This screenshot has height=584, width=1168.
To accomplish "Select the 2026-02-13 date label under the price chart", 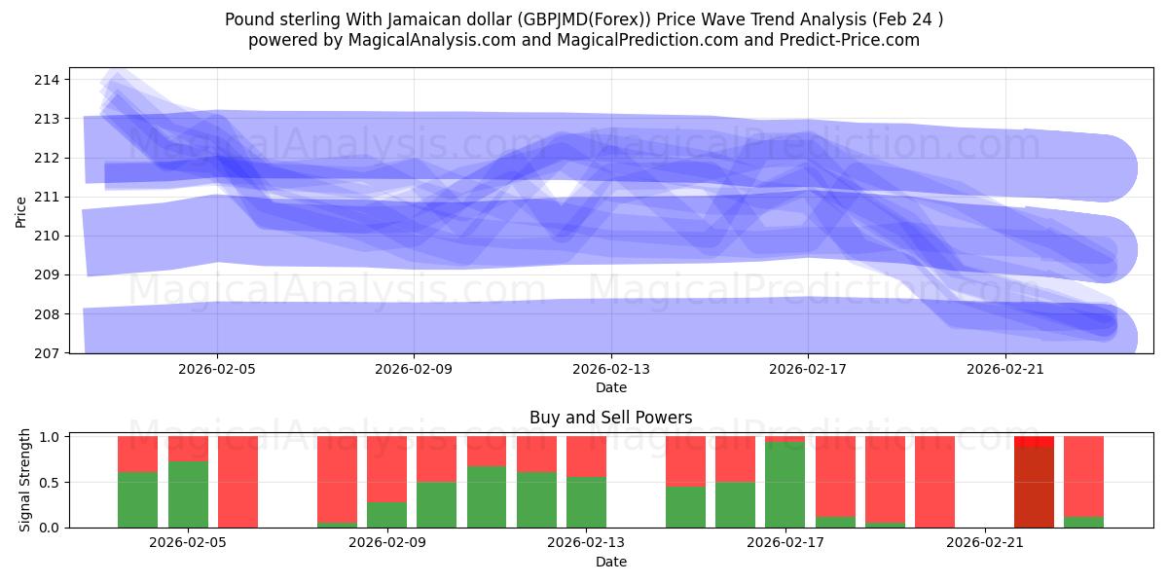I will (x=611, y=369).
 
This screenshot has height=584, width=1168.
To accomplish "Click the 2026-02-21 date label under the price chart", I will (x=1004, y=369).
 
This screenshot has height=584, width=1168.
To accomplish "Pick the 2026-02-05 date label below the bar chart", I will (x=188, y=543).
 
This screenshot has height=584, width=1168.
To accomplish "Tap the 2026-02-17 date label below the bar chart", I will (x=785, y=543).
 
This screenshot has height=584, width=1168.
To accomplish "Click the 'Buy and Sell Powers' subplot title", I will (x=611, y=418).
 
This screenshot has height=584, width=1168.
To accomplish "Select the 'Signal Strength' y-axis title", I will (x=25, y=481).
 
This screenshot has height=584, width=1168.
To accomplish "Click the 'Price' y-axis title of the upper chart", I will (x=21, y=210).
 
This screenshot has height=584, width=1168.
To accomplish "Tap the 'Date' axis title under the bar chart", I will (x=611, y=562).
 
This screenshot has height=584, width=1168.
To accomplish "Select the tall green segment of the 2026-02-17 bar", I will (x=785, y=485).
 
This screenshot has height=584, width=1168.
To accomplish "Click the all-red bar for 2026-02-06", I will (x=237, y=482).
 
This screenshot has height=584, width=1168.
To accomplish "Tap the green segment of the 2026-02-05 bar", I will (x=188, y=494).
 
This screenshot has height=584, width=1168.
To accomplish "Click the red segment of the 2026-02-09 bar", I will (x=387, y=468).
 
